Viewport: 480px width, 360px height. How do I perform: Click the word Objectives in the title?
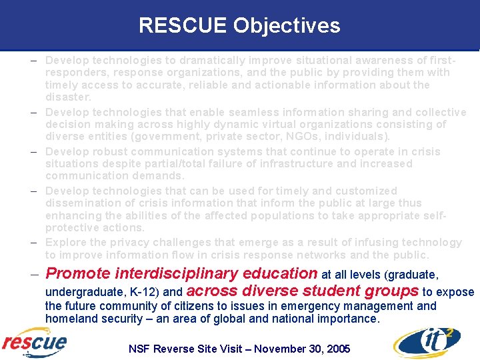tap(287, 26)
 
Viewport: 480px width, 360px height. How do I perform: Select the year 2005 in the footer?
tap(337, 349)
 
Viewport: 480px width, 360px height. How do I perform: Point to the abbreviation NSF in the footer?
tap(140, 349)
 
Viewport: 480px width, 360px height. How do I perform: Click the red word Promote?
tap(78, 273)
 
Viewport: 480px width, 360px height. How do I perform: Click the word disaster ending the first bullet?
tap(67, 97)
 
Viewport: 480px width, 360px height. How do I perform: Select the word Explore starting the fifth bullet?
tap(65, 243)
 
